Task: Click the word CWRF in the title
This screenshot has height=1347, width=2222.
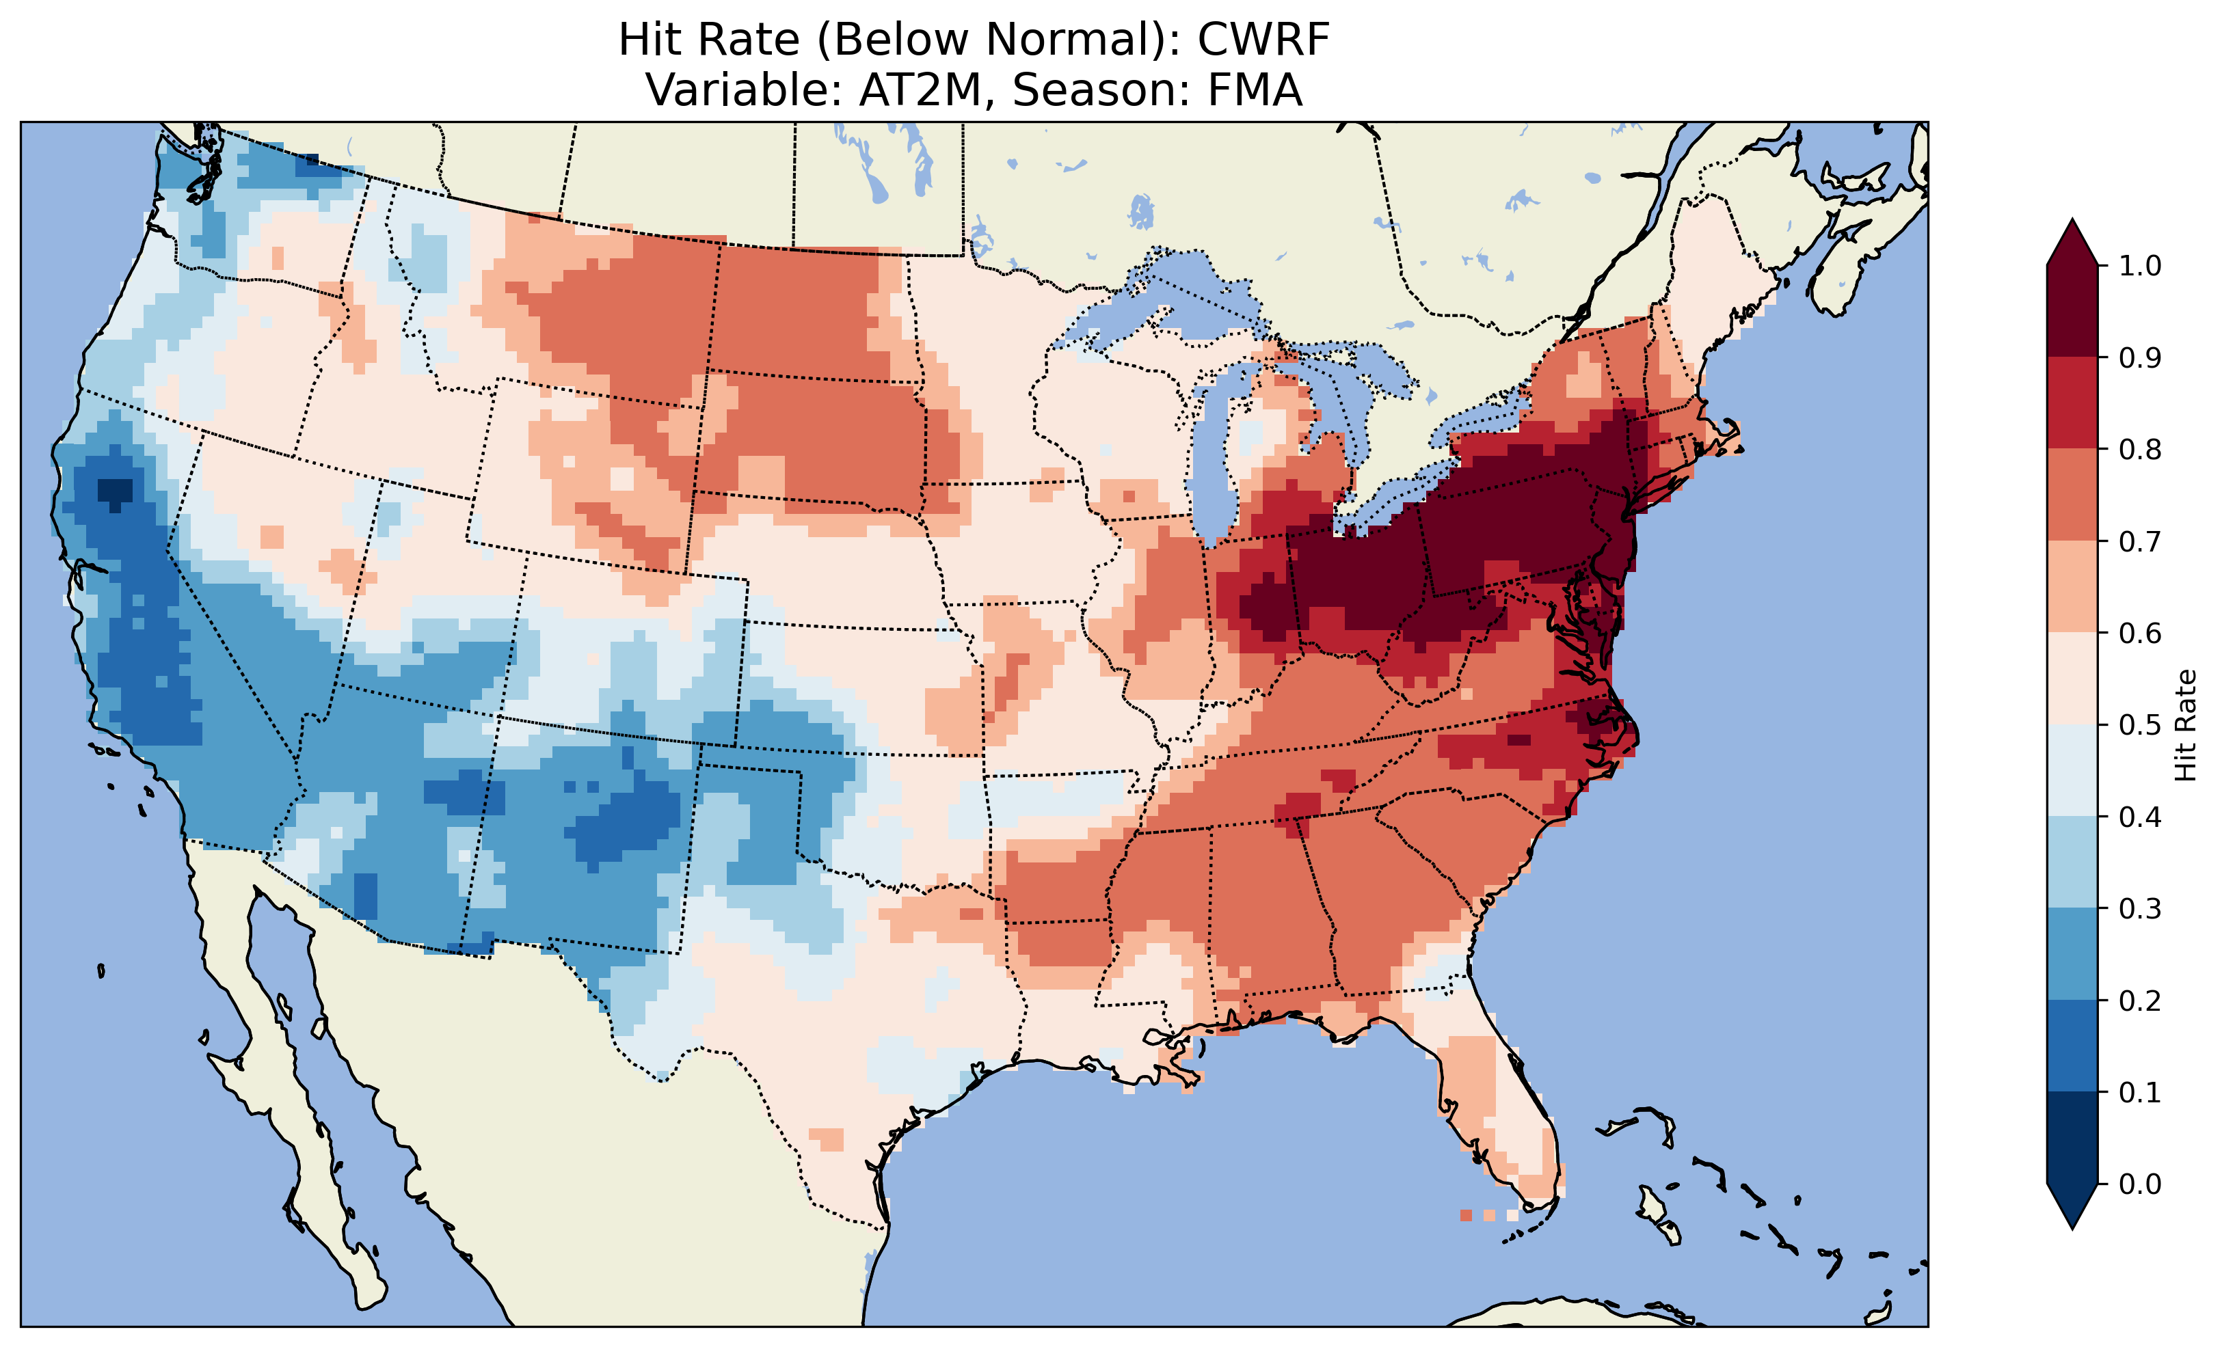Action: click(x=1263, y=40)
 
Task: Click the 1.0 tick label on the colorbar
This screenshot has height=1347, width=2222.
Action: click(x=2140, y=266)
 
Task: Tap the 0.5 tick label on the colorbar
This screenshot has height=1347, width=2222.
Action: click(x=2140, y=725)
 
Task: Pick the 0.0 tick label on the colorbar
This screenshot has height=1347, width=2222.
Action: click(x=2140, y=1184)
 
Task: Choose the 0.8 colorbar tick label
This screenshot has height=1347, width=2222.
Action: click(x=2140, y=449)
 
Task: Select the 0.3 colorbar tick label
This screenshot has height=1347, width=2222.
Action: click(x=2140, y=909)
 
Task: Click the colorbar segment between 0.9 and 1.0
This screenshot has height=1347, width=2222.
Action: click(x=2072, y=311)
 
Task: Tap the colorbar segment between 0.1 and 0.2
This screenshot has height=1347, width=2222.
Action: click(x=2072, y=1046)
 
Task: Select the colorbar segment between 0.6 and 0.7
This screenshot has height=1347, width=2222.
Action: click(x=2072, y=586)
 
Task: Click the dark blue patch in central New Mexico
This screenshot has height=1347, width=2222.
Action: click(x=631, y=821)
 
